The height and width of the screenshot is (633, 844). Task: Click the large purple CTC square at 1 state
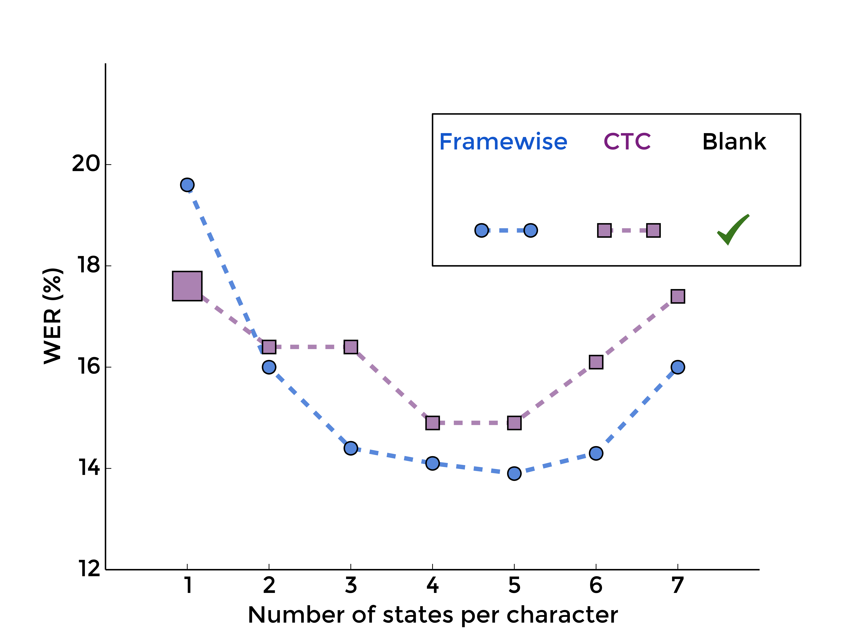(x=187, y=286)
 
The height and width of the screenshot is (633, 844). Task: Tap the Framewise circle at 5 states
(x=514, y=474)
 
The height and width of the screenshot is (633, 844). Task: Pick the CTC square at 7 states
(x=678, y=296)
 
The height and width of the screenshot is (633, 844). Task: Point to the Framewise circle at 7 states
(x=678, y=367)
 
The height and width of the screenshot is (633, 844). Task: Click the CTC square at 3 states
(x=351, y=347)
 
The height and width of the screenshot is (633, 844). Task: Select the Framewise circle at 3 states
(x=351, y=448)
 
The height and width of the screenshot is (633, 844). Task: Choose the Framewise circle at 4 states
(x=432, y=463)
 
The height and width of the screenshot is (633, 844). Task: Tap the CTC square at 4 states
(x=432, y=423)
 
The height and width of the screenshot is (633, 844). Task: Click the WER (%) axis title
(x=53, y=316)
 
